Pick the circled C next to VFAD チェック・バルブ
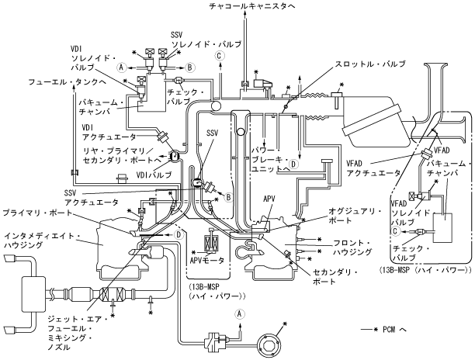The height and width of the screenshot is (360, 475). (x=395, y=231)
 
